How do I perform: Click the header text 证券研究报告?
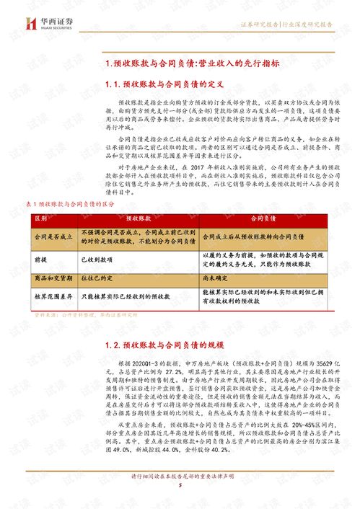260,24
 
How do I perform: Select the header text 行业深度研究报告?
308,24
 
